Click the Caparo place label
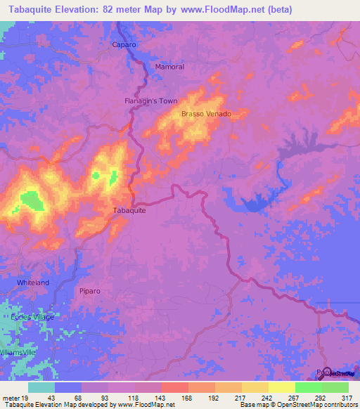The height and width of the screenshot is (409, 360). [124, 44]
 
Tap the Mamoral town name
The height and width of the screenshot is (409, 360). [169, 67]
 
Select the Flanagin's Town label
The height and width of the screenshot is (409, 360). [150, 100]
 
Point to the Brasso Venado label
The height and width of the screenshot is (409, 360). [206, 113]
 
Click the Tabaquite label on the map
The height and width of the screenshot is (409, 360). [129, 210]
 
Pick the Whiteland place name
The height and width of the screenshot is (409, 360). [33, 283]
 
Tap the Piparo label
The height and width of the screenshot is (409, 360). [91, 290]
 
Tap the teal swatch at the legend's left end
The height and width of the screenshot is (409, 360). [41, 387]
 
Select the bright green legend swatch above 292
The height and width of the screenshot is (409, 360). [309, 387]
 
